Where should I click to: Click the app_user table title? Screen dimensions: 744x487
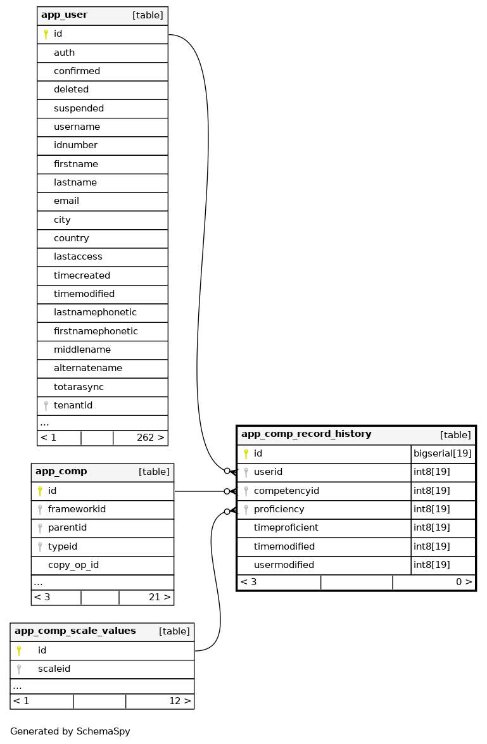[65, 15]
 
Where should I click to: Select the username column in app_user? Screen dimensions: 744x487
[77, 127]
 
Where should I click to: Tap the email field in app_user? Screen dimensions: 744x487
[66, 201]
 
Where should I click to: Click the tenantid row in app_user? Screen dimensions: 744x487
[73, 405]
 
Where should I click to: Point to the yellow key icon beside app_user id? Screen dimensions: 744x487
[46, 34]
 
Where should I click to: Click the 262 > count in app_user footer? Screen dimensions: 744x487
[150, 438]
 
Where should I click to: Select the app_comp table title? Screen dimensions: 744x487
[61, 472]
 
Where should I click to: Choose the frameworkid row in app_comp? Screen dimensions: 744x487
[77, 509]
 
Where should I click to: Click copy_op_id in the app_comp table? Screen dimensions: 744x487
[73, 565]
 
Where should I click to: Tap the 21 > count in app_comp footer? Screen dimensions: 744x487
[155, 597]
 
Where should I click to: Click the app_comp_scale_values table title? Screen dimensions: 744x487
[75, 631]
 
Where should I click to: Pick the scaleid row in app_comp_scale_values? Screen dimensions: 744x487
[54, 669]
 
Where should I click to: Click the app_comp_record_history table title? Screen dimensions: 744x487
[307, 434]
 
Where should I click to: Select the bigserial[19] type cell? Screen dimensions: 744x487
[442, 454]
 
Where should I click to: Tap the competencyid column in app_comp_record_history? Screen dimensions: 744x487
[286, 491]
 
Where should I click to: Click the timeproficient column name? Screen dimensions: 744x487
[286, 527]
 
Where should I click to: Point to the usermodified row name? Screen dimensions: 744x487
[284, 565]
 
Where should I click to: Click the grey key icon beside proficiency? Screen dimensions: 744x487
[246, 509]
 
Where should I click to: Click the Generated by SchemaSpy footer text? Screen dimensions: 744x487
[70, 731]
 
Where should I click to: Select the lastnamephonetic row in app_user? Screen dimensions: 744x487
[95, 312]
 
